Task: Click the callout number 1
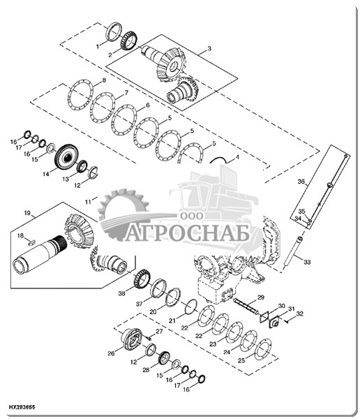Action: click(x=98, y=47)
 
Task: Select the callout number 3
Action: click(x=209, y=49)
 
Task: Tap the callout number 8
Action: click(x=104, y=80)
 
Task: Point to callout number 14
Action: click(x=46, y=174)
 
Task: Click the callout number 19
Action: click(x=27, y=213)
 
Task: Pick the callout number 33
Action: click(x=307, y=262)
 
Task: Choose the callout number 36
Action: click(x=301, y=182)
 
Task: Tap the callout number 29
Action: click(x=261, y=297)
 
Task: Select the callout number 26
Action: click(x=111, y=353)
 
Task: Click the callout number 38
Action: click(x=122, y=293)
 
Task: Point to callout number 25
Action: click(x=241, y=360)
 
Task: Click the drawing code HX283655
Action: click(x=22, y=407)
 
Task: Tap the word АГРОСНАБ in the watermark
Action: click(x=188, y=233)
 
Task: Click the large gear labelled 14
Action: click(x=67, y=157)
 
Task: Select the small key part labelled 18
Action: click(x=32, y=242)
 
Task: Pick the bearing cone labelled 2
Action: click(x=129, y=41)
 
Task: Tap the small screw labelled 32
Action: click(x=287, y=322)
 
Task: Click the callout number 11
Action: click(x=88, y=203)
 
